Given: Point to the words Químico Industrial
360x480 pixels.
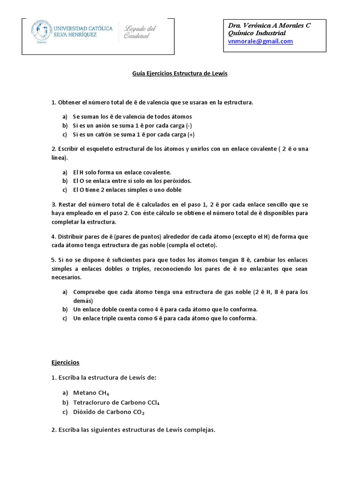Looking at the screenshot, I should [256, 33].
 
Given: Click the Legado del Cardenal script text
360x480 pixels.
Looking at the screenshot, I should [140, 32].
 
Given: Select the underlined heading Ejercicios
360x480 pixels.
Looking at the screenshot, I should [66, 363].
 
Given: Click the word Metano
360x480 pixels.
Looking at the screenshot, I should [84, 393].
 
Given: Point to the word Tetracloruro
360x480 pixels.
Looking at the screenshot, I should [91, 403].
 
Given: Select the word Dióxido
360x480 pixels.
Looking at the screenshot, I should [84, 412].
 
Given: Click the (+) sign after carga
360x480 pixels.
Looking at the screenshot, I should [191, 135].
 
